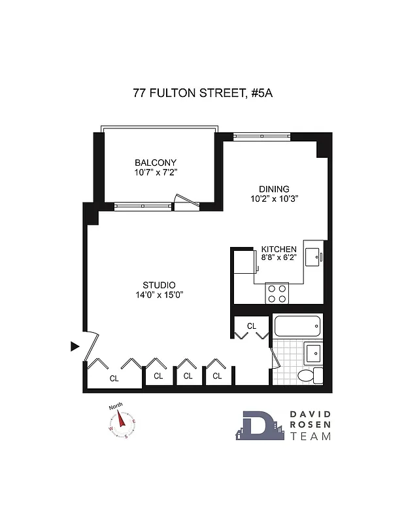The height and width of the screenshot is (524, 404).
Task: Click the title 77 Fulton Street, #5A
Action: pyautogui.click(x=202, y=93)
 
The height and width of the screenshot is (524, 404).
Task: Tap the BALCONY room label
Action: pyautogui.click(x=156, y=162)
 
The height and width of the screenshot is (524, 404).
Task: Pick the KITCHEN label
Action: pyautogui.click(x=279, y=250)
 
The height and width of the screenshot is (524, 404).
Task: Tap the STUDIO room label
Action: pyautogui.click(x=159, y=285)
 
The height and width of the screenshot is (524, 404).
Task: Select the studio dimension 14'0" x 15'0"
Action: pyautogui.click(x=159, y=295)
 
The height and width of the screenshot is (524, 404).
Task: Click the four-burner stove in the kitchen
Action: pyautogui.click(x=277, y=293)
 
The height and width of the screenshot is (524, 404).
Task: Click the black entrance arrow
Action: pyautogui.click(x=75, y=345)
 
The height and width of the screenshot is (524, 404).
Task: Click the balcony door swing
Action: pyautogui.click(x=184, y=200)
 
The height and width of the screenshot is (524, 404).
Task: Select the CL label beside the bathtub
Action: pyautogui.click(x=252, y=326)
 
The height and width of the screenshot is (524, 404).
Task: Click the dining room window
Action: pyautogui.click(x=261, y=136)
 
